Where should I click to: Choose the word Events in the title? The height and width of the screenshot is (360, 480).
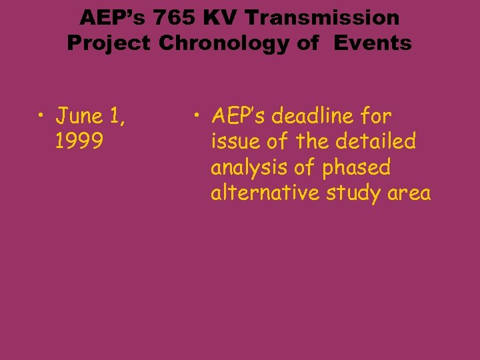pyautogui.click(x=373, y=43)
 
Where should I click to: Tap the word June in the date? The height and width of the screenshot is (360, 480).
pyautogui.click(x=77, y=117)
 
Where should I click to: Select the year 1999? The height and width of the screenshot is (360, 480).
pyautogui.click(x=79, y=142)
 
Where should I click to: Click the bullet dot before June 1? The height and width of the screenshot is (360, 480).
pyautogui.click(x=41, y=118)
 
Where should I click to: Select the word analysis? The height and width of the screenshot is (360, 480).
pyautogui.click(x=247, y=168)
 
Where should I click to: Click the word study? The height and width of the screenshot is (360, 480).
pyautogui.click(x=359, y=194)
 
